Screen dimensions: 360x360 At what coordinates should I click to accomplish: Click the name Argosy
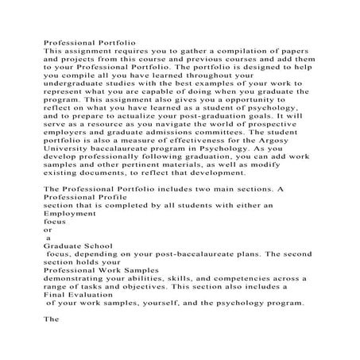(299, 162)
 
